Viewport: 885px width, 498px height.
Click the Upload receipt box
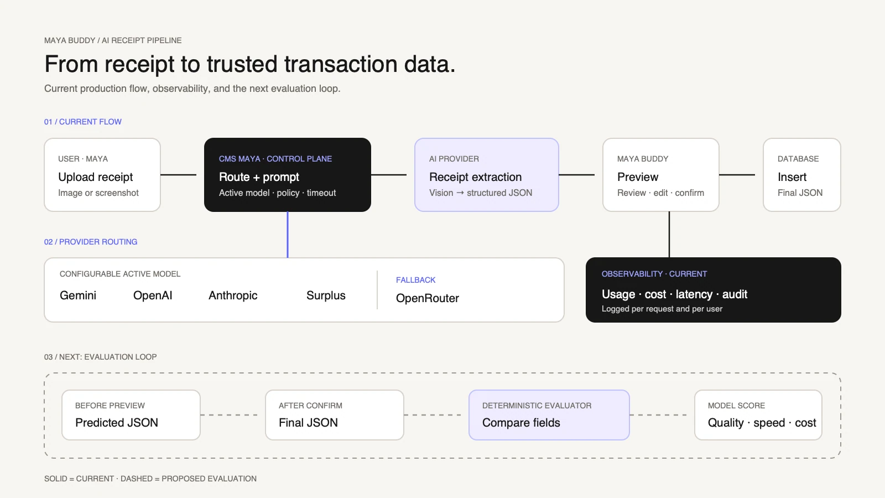102,175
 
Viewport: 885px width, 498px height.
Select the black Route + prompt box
288,175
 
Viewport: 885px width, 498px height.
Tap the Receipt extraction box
487,175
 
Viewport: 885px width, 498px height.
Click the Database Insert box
802,175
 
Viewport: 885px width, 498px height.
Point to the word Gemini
78,295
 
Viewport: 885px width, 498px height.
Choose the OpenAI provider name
153,295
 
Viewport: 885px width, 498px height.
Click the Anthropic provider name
233,295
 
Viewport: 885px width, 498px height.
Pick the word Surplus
326,295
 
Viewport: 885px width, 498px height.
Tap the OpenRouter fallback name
428,298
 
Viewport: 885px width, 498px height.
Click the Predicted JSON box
131,415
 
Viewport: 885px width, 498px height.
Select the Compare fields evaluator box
549,415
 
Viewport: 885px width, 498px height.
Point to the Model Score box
758,415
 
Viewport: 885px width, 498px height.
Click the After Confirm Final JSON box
335,415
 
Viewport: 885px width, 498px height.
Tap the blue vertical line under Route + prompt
288,235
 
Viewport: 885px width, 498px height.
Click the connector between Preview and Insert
737,175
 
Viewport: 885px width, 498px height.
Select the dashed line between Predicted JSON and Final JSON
229,415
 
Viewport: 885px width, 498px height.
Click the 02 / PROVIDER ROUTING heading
91,242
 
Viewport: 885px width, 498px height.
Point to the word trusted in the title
242,64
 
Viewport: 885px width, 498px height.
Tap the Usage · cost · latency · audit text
674,294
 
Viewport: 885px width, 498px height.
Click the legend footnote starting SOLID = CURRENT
150,479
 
